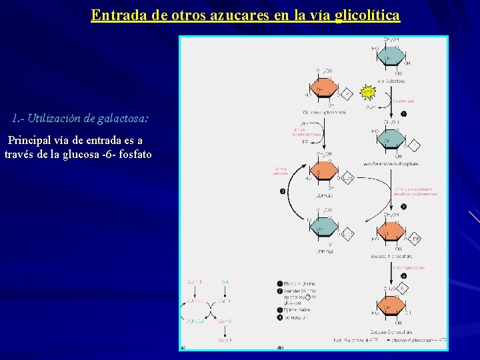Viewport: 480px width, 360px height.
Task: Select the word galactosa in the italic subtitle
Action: pos(123,119)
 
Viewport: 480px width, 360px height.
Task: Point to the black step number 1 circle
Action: pos(403,114)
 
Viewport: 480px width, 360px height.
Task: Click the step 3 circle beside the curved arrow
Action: pos(283,192)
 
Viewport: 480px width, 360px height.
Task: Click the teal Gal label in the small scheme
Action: pos(225,283)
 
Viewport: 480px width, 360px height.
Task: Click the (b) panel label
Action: pos(281,347)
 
